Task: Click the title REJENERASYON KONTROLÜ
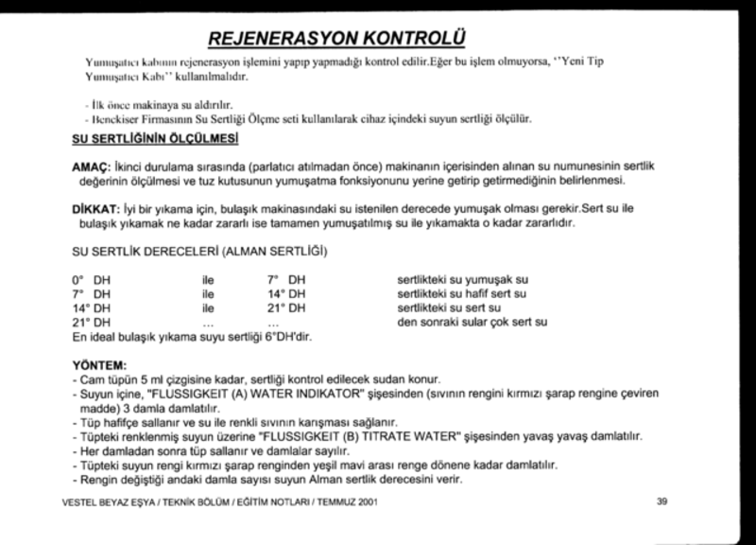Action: [337, 38]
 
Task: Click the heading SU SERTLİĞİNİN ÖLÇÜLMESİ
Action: [154, 140]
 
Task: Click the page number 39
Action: [661, 501]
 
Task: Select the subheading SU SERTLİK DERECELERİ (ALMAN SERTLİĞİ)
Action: [199, 254]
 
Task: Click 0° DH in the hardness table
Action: [91, 280]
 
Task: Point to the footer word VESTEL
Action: [78, 501]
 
